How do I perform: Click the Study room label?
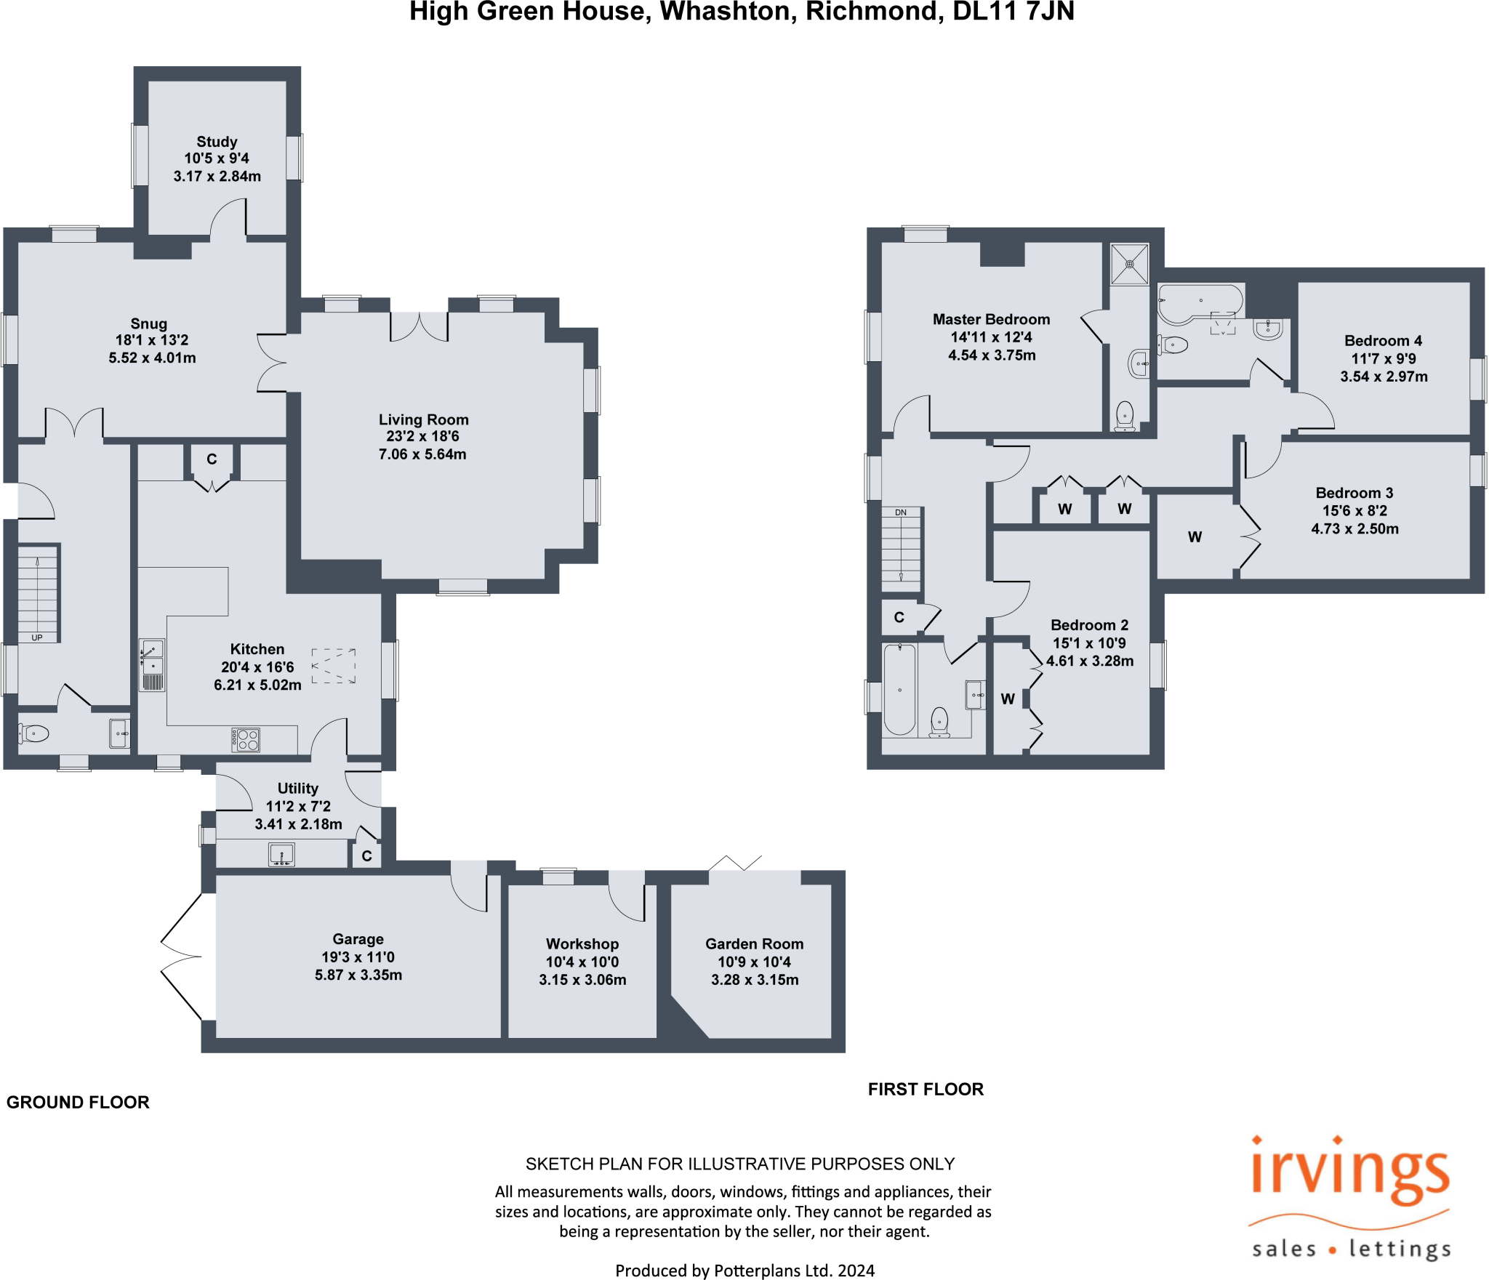(x=217, y=142)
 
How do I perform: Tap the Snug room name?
(x=149, y=323)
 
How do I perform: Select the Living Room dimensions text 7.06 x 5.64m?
(x=422, y=454)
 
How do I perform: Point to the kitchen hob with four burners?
(x=246, y=740)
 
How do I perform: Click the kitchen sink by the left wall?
(x=152, y=664)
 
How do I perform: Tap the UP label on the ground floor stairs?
(x=37, y=637)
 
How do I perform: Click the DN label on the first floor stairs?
(x=901, y=512)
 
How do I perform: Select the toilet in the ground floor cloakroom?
(x=34, y=733)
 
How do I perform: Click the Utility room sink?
(x=281, y=854)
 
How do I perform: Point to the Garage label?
(x=358, y=939)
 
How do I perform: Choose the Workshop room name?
(x=582, y=943)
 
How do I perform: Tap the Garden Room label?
(x=755, y=943)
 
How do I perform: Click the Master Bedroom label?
(x=992, y=319)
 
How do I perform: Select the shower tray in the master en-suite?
(x=1130, y=264)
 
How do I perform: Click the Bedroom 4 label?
(x=1384, y=340)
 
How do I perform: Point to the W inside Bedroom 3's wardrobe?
(x=1195, y=537)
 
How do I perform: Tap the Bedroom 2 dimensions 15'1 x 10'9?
(x=1089, y=643)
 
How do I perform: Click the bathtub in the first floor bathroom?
(x=900, y=689)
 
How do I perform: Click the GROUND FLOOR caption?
(x=78, y=1102)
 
